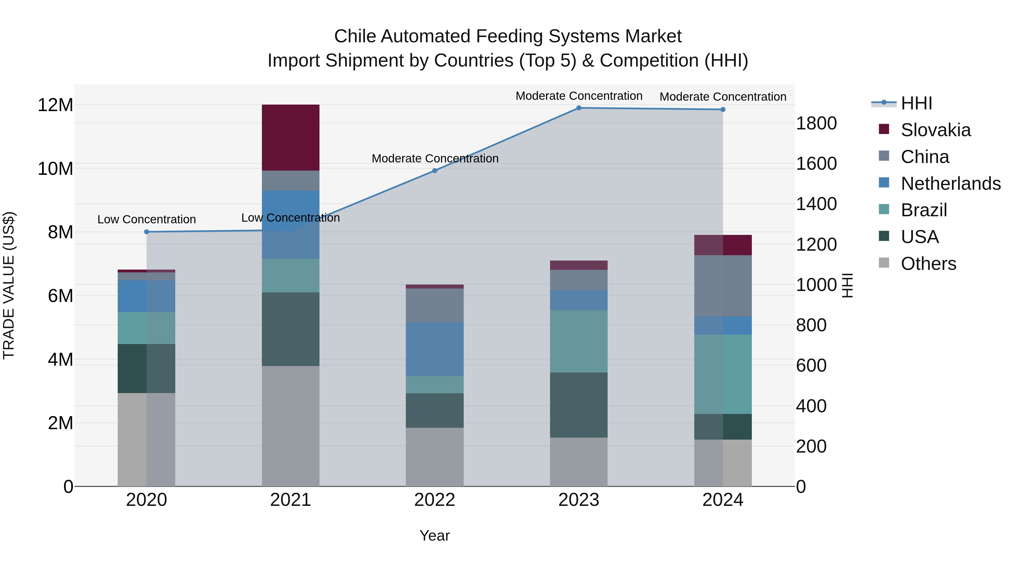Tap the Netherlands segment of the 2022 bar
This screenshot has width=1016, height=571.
(435, 349)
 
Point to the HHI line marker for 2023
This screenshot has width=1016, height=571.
(579, 108)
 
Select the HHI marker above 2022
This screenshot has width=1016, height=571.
(435, 171)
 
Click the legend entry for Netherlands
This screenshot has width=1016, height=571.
(951, 184)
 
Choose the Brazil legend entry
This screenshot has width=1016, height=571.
(924, 210)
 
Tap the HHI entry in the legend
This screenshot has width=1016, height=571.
(916, 103)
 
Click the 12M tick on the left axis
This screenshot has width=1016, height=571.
(55, 105)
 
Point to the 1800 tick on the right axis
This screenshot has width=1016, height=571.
(816, 123)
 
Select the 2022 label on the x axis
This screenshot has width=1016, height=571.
(435, 500)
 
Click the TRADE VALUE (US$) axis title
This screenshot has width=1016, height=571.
(9, 285)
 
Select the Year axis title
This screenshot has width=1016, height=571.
(435, 535)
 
